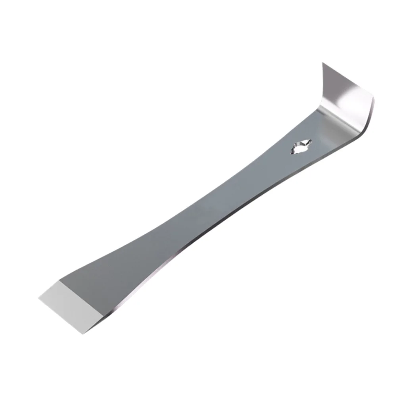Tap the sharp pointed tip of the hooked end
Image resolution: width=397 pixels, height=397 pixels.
click(323, 63)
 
